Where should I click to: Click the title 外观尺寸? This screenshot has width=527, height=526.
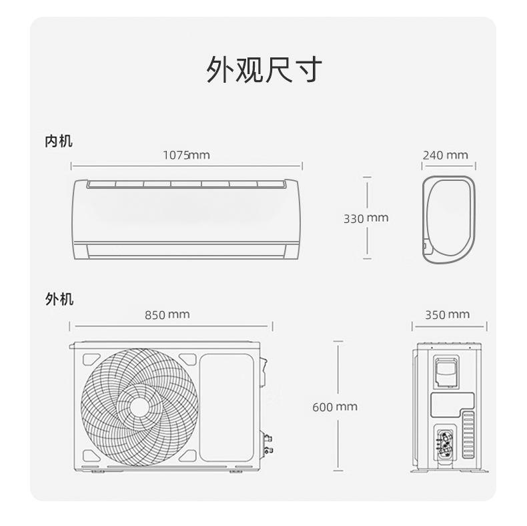tap(264, 69)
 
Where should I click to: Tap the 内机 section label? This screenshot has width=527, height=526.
tap(59, 141)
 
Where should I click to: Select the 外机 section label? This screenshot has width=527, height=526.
tap(59, 299)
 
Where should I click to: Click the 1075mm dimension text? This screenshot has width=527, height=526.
tap(186, 155)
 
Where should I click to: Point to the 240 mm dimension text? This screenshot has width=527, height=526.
tap(445, 155)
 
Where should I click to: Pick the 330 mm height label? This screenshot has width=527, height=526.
tap(366, 218)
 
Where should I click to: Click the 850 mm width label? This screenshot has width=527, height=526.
tap(167, 314)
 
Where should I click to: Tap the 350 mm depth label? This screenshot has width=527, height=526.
tap(448, 314)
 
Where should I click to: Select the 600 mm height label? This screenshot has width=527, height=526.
tap(335, 407)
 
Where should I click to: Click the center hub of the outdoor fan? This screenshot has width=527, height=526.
tap(139, 408)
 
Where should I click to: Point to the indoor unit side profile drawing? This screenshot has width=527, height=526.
tap(449, 220)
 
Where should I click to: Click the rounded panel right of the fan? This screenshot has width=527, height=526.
tap(227, 407)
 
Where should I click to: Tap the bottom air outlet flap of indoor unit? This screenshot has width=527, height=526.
tap(187, 251)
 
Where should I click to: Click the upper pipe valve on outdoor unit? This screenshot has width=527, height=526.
tap(268, 439)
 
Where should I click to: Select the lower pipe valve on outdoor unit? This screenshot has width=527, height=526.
tap(268, 450)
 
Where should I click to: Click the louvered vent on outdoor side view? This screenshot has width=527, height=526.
tap(468, 435)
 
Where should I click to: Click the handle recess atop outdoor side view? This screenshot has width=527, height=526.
tap(446, 372)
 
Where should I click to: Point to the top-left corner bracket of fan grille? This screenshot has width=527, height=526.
tap(91, 359)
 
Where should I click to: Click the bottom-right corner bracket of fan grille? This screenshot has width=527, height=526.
tap(188, 456)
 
